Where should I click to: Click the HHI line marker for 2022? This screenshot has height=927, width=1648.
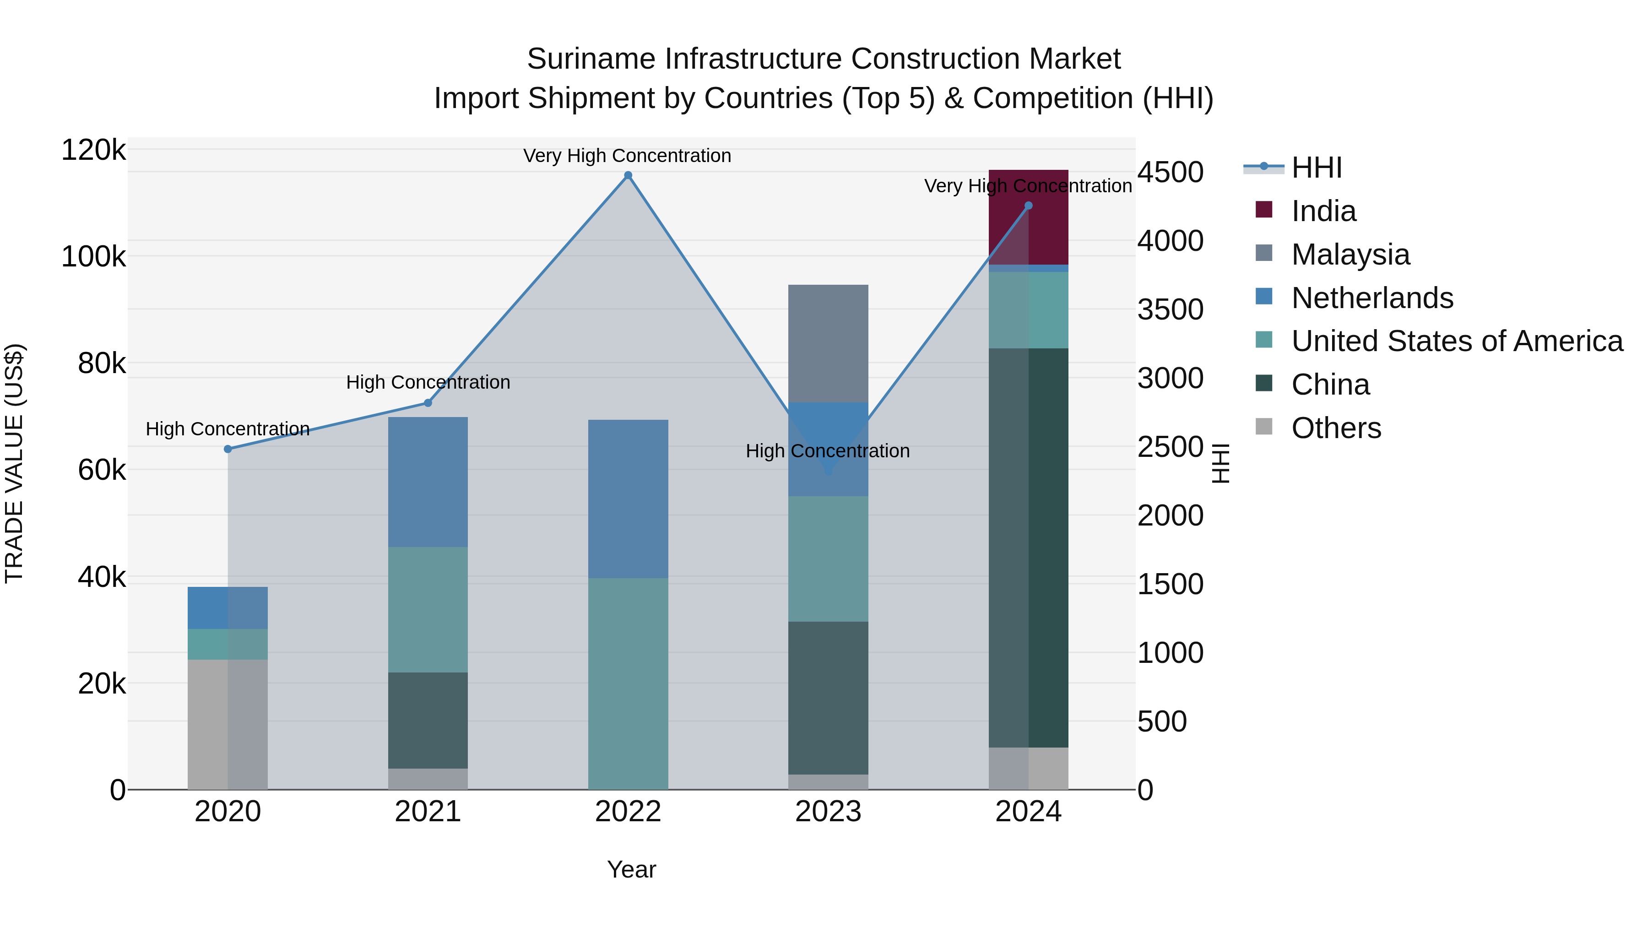coord(628,175)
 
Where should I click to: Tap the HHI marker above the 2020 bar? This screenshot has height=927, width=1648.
coord(228,449)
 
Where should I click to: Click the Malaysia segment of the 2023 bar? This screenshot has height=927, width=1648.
coord(828,343)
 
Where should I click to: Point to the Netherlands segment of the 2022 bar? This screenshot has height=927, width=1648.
coord(628,499)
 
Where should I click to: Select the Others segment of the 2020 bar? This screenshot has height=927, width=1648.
coord(228,724)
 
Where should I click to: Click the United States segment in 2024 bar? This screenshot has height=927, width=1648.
coord(1028,310)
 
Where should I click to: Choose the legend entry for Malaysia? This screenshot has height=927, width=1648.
coord(1350,255)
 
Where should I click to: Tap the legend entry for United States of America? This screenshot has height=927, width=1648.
coord(1456,341)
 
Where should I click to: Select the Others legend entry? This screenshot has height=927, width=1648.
coord(1336,428)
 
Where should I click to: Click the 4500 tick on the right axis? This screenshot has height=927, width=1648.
coord(1170,172)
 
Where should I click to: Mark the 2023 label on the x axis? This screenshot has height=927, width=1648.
coord(828,812)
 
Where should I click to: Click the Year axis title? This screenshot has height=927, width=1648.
coord(631,869)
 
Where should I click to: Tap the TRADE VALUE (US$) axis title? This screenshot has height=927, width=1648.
coord(14,463)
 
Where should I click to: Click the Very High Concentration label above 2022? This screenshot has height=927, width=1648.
coord(627,156)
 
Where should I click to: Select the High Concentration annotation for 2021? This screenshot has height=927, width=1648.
coord(428,383)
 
